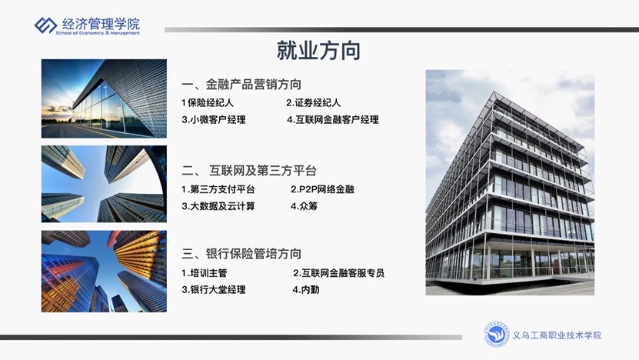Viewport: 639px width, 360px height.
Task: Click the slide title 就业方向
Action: (x=318, y=51)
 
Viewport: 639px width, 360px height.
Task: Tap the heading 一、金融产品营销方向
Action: (x=241, y=85)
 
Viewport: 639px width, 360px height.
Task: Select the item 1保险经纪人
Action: (x=208, y=103)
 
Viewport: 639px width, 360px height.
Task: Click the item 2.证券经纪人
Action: (x=314, y=103)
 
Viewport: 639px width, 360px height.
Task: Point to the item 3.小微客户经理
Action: (x=214, y=119)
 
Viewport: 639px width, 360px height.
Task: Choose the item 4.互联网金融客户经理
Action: (x=333, y=119)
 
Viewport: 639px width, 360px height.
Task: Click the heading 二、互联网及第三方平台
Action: (x=249, y=171)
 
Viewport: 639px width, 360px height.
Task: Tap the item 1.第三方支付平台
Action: (x=218, y=189)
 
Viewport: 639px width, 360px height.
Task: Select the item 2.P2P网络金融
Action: (x=322, y=189)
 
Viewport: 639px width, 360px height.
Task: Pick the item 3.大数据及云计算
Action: (x=218, y=206)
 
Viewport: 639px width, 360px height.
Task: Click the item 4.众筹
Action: (x=304, y=206)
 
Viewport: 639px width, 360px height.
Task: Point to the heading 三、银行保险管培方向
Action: (x=241, y=254)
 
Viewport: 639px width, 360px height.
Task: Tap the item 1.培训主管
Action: (x=205, y=273)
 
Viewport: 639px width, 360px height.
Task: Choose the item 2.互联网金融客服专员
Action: (x=338, y=273)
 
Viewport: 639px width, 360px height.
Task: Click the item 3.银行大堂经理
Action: (x=214, y=290)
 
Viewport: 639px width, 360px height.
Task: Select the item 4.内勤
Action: (x=306, y=290)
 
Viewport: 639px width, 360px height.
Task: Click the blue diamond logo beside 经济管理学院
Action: (x=45, y=25)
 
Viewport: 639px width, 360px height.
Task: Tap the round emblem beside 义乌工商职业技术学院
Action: (x=497, y=335)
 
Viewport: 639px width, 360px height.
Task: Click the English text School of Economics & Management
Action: (x=98, y=33)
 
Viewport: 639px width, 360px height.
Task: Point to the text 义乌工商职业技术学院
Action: (x=557, y=335)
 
